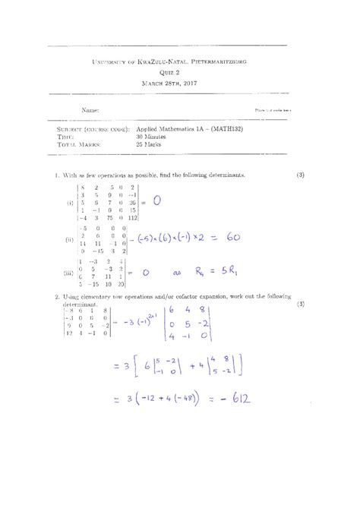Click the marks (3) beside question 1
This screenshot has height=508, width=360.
point(301,175)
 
